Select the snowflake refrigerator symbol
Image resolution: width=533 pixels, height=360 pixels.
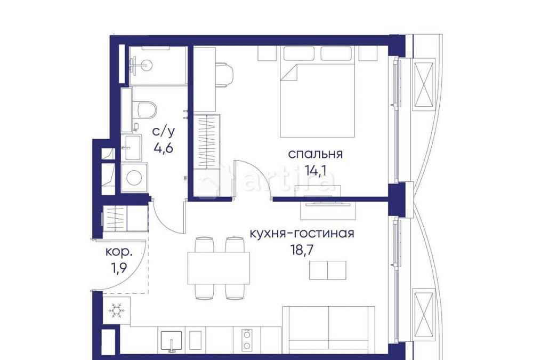pyautogui.click(x=116, y=310)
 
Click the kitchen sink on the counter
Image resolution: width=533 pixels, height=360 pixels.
pyautogui.click(x=172, y=340)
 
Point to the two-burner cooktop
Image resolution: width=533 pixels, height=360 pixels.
pyautogui.click(x=247, y=340)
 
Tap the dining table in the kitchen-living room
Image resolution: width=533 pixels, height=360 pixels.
pyautogui.click(x=219, y=267)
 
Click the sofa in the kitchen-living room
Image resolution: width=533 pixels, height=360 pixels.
pyautogui.click(x=328, y=329)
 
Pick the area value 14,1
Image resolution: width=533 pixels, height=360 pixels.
pyautogui.click(x=315, y=172)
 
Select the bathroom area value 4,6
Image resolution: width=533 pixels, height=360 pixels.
pyautogui.click(x=164, y=147)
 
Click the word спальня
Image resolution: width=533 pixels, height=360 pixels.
pyautogui.click(x=315, y=155)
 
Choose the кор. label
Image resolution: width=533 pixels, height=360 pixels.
pyautogui.click(x=118, y=251)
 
